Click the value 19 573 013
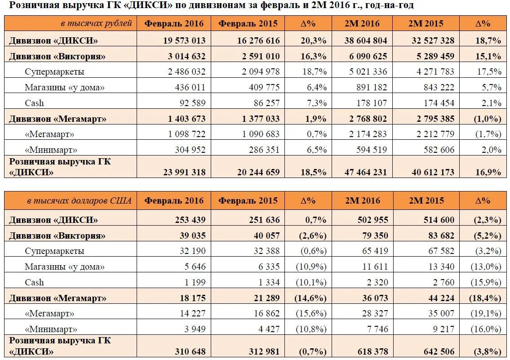point(184,40)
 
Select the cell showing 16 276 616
point(258,40)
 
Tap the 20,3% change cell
point(314,40)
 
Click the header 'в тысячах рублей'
point(96,23)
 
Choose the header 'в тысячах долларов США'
point(79,200)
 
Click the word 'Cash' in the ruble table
point(35,103)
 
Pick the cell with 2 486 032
point(186,71)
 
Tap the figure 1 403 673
point(186,119)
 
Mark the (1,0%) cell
point(488,119)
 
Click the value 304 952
point(190,150)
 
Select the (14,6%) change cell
point(310,298)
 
